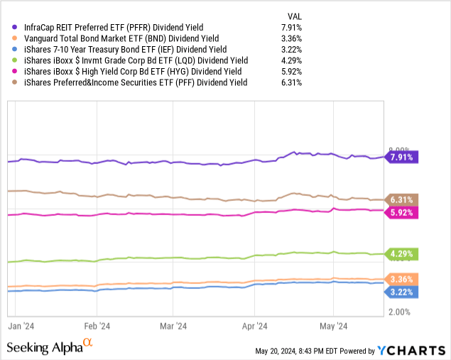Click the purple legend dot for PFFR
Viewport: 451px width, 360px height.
(14, 27)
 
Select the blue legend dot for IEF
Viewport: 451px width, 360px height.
(14, 49)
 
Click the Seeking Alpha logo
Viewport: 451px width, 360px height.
(50, 347)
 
